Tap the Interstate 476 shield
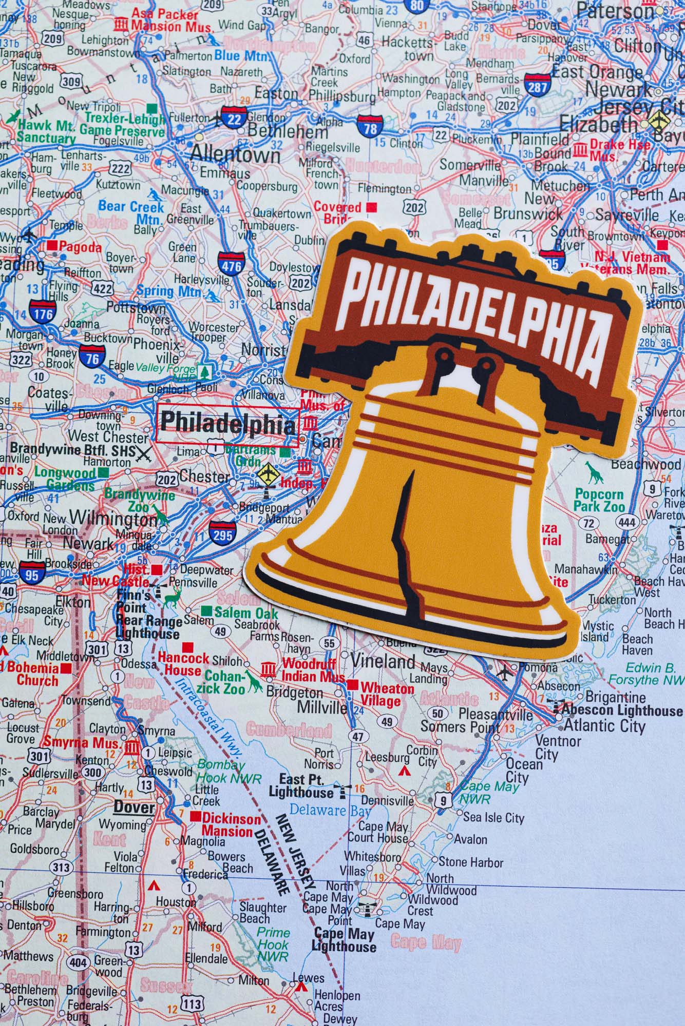pyautogui.click(x=230, y=265)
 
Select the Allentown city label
pyautogui.click(x=235, y=154)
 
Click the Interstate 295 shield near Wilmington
pyautogui.click(x=222, y=534)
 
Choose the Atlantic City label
pyautogui.click(x=604, y=725)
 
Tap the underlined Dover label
pyautogui.click(x=134, y=807)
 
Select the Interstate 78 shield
pyautogui.click(x=370, y=127)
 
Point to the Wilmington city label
pyautogui.click(x=113, y=518)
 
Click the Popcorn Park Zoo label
pyautogui.click(x=599, y=500)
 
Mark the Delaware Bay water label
pyautogui.click(x=330, y=811)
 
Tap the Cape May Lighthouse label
pyautogui.click(x=344, y=940)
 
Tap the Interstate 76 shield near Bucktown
pyautogui.click(x=92, y=358)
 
